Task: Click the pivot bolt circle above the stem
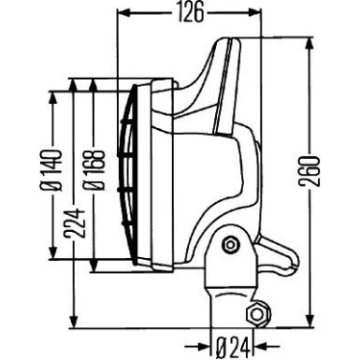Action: click(230, 246)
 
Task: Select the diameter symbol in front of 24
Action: click(218, 347)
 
